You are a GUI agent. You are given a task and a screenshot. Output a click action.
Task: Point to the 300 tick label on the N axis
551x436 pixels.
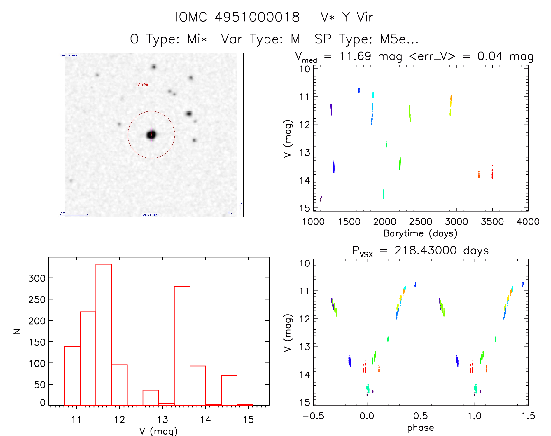coord(37,278)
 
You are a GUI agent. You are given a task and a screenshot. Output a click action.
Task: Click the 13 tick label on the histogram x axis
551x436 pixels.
coord(162,420)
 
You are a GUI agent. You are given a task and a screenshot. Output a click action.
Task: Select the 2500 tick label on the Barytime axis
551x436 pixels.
coord(420,222)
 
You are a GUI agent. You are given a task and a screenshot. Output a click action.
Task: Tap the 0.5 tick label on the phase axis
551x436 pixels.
coord(420,416)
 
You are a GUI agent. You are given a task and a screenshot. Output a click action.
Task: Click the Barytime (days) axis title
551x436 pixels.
coord(420,233)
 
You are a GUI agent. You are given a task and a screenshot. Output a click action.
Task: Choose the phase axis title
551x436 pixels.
coord(420,428)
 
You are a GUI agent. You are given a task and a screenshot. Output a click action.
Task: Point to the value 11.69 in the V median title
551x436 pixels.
coord(355,56)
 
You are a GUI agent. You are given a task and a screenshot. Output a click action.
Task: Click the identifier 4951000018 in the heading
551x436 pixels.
coord(257,17)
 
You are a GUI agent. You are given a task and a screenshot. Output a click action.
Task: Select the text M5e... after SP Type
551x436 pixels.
coord(399,39)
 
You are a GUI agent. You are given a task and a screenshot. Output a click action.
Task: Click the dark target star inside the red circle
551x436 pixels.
coord(151,135)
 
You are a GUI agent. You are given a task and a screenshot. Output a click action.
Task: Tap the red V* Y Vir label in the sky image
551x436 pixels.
coord(143,85)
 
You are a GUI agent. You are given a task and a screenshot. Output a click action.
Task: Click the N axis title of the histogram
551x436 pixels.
coord(17,331)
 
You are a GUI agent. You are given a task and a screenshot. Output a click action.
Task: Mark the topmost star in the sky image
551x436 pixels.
coord(154,67)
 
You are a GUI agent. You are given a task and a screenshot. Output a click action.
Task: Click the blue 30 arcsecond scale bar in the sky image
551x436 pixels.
coord(74,215)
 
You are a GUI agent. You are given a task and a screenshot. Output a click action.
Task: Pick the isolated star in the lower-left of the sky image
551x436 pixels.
coord(71,181)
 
